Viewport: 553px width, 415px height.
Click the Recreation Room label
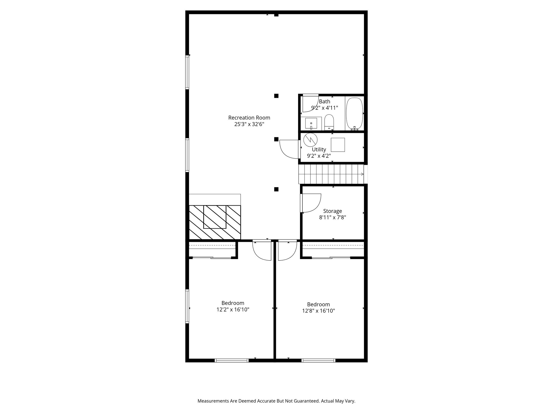(x=249, y=118)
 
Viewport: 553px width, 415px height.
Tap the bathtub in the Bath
(x=355, y=113)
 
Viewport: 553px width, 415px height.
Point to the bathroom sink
(x=311, y=123)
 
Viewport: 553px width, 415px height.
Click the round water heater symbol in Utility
(x=310, y=140)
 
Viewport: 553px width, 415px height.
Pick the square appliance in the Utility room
(x=338, y=145)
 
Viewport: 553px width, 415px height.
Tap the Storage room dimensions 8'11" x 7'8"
(x=332, y=217)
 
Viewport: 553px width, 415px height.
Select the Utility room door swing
(x=289, y=149)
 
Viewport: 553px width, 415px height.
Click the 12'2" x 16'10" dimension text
(x=233, y=310)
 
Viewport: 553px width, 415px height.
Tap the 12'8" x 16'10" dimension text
(x=318, y=311)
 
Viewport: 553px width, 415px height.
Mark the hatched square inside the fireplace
(x=215, y=217)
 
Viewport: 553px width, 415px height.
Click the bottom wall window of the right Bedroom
(x=318, y=360)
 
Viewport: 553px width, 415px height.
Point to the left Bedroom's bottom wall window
(x=231, y=360)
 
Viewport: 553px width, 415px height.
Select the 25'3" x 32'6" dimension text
(x=249, y=124)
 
